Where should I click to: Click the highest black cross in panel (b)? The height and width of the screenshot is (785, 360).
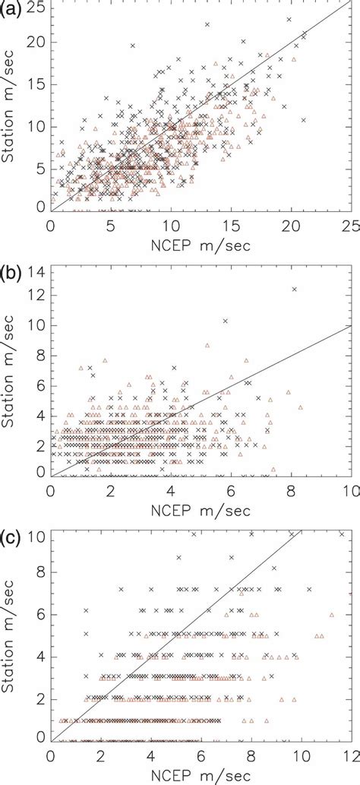[294, 289]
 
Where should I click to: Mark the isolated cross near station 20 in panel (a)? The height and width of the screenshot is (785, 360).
[132, 46]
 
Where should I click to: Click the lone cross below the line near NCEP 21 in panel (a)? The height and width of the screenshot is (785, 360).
[303, 120]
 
